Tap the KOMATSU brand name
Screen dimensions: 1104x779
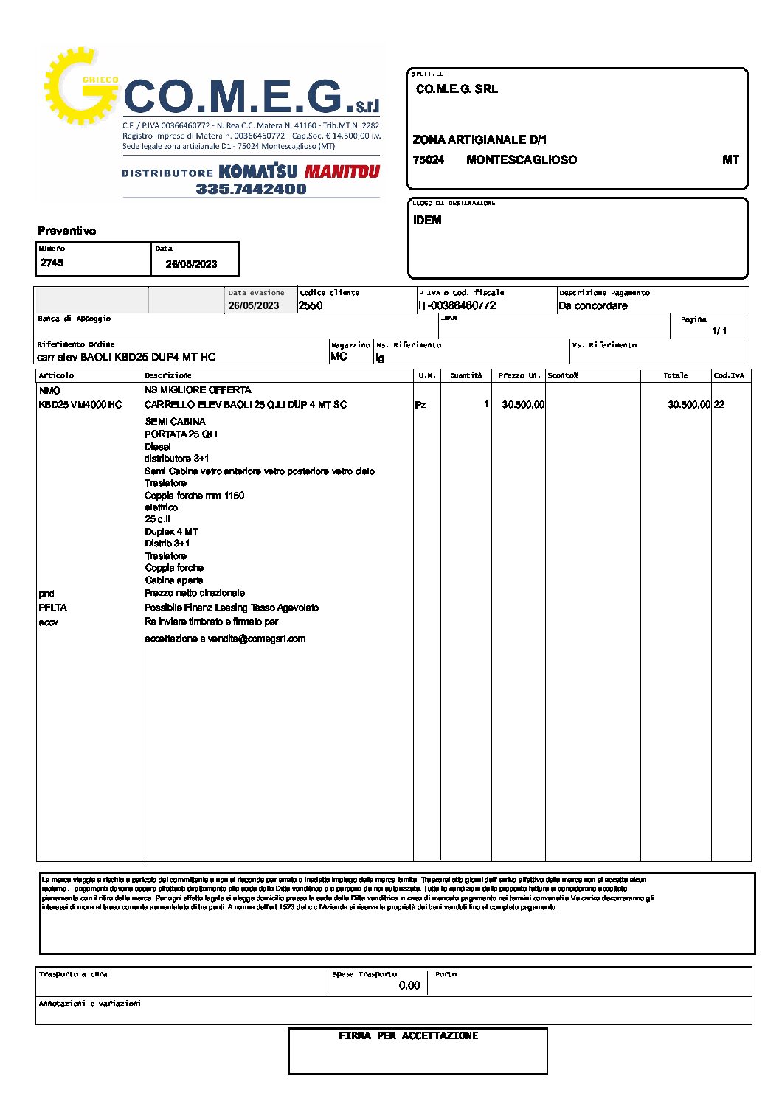pyautogui.click(x=258, y=172)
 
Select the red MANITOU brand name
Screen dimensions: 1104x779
pyautogui.click(x=342, y=172)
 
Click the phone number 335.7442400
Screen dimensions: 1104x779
pyautogui.click(x=251, y=190)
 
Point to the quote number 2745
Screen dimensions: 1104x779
pyautogui.click(x=52, y=263)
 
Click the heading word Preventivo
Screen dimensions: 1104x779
pyautogui.click(x=67, y=231)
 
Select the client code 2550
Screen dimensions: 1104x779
pyautogui.click(x=311, y=305)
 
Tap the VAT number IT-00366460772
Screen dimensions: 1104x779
pyautogui.click(x=457, y=305)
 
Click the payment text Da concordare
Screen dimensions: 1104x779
pyautogui.click(x=593, y=305)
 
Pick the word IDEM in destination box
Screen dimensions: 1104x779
pyautogui.click(x=427, y=220)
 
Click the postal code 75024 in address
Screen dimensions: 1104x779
pyautogui.click(x=429, y=160)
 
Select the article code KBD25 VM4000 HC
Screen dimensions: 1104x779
pyautogui.click(x=80, y=405)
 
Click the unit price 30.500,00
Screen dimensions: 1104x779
pyautogui.click(x=523, y=405)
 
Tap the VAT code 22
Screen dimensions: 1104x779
pyautogui.click(x=719, y=405)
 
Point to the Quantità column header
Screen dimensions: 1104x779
pyautogui.click(x=466, y=375)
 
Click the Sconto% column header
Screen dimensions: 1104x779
pyautogui.click(x=563, y=375)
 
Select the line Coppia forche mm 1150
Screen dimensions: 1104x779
pyautogui.click(x=194, y=496)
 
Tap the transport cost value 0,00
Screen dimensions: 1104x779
pyautogui.click(x=409, y=985)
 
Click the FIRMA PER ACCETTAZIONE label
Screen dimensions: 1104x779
pyautogui.click(x=409, y=1036)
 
